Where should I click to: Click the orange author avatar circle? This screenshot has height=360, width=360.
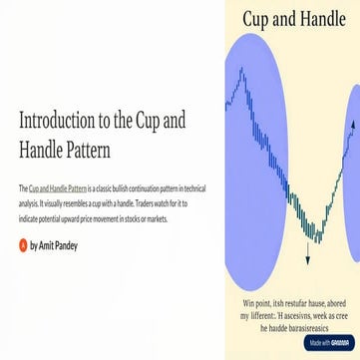click(23, 243)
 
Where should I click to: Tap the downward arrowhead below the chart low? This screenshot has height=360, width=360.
click(307, 260)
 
